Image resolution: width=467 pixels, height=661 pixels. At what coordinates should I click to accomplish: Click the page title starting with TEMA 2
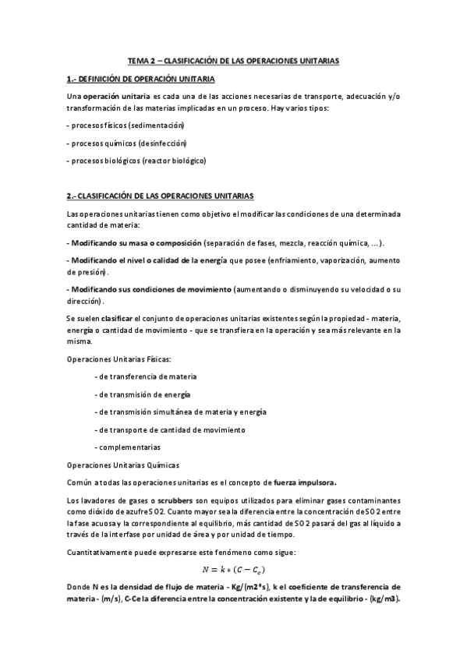pos(233,60)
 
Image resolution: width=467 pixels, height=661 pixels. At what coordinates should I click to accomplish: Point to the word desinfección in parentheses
pos(161,143)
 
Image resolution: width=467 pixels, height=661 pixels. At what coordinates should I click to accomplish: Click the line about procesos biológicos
pos(136,161)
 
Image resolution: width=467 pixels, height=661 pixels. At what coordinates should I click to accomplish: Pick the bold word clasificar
pos(118,319)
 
